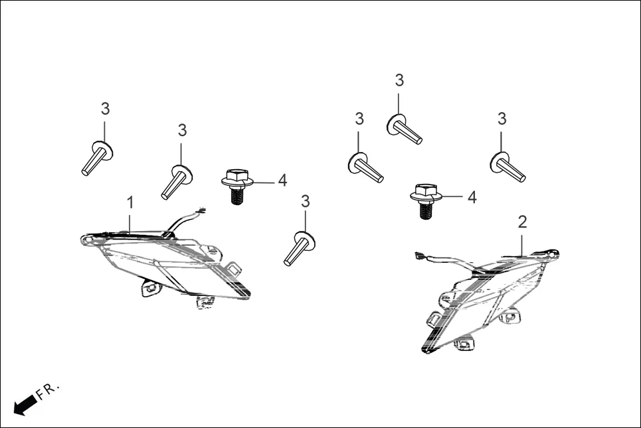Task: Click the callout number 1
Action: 131,201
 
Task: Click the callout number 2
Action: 523,222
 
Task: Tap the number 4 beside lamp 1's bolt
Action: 282,180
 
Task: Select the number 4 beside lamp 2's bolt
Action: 472,197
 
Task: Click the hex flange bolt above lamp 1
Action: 234,186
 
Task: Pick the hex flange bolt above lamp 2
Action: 424,200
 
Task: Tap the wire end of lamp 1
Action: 200,212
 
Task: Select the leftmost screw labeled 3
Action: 96,159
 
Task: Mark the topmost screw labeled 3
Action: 405,129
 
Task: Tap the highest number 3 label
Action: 399,80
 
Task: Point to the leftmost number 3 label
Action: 105,109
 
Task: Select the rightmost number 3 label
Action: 502,119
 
